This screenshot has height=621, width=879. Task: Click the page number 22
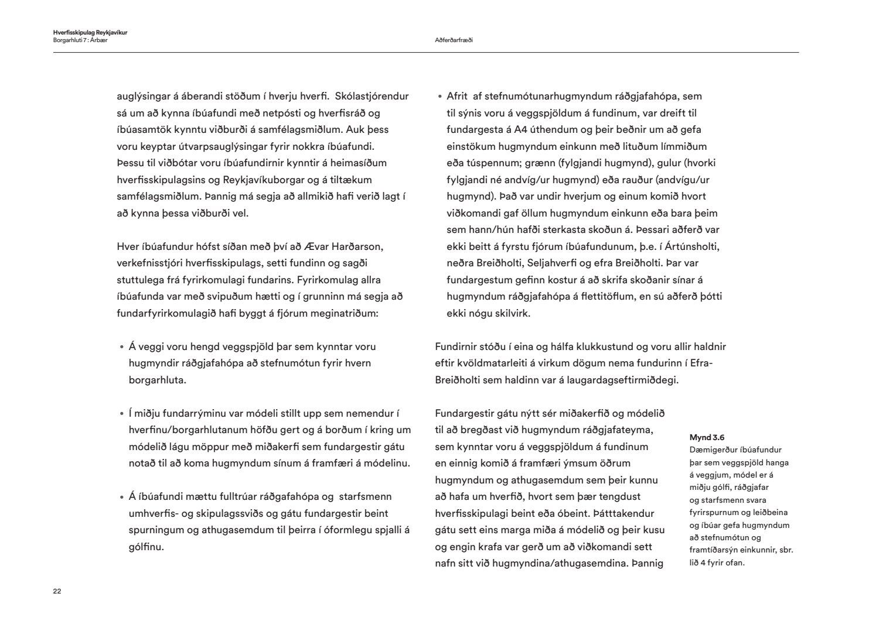(x=57, y=591)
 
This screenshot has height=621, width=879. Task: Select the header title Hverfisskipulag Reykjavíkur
(x=90, y=33)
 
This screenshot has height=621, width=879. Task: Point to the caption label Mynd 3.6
(x=707, y=437)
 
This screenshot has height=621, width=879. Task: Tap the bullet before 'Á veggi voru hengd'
(x=121, y=347)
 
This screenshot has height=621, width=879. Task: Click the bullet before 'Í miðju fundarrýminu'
(x=121, y=414)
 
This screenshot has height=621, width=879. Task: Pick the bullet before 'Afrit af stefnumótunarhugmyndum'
(x=439, y=97)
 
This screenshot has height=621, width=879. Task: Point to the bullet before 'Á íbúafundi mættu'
(x=121, y=498)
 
